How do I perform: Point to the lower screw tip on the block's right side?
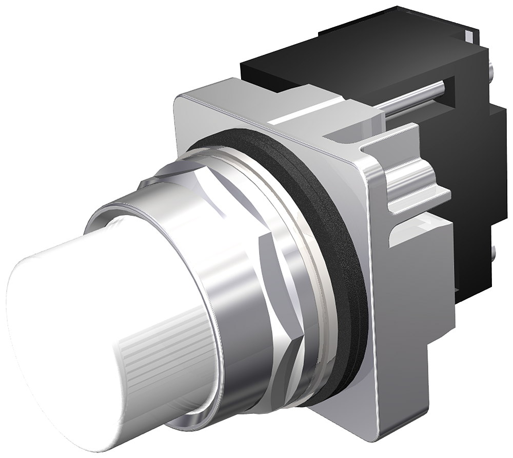[494, 252]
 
